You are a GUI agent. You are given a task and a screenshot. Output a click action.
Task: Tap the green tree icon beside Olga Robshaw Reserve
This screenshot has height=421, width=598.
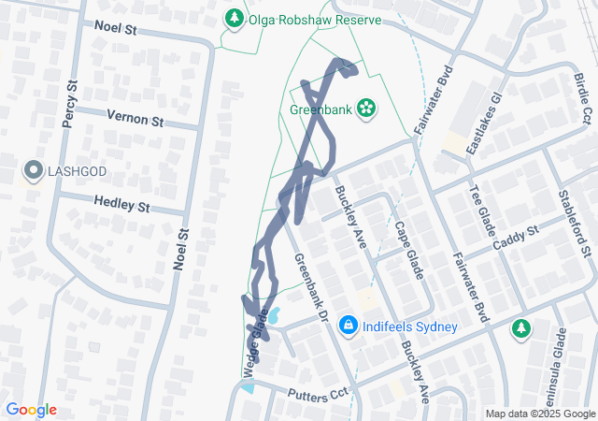(x=233, y=18)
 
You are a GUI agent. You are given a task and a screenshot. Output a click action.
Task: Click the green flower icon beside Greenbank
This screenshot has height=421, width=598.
(x=367, y=109)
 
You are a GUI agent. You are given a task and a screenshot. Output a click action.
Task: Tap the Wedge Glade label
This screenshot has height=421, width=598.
(x=250, y=352)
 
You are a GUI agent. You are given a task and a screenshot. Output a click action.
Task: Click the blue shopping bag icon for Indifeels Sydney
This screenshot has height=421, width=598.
(x=348, y=326)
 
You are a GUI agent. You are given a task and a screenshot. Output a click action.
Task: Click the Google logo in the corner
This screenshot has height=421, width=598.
(x=31, y=410)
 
